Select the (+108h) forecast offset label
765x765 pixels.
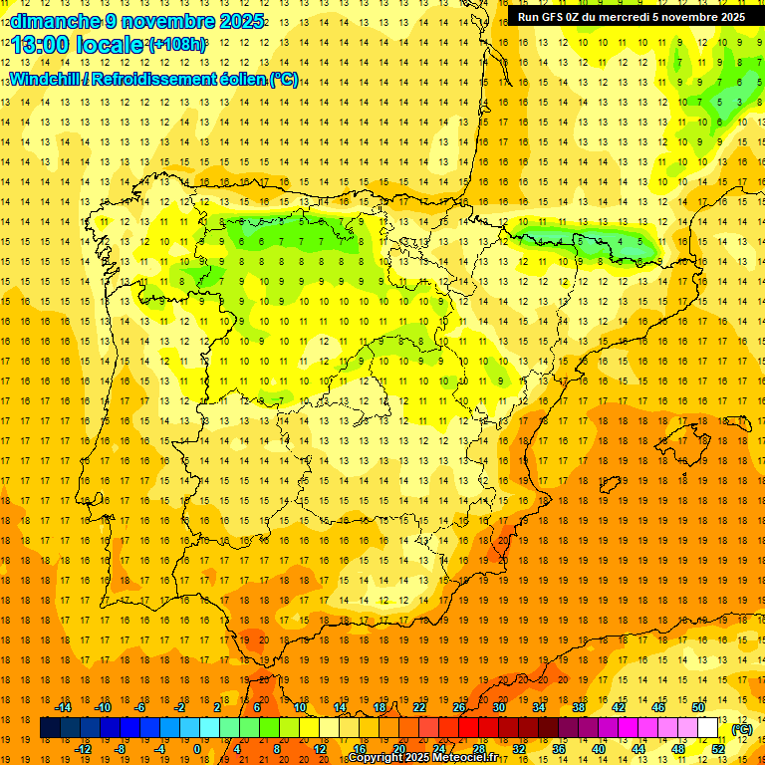point(176,45)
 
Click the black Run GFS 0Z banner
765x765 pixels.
point(631,17)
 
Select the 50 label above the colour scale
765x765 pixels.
point(698,707)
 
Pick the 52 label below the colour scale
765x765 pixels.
point(718,749)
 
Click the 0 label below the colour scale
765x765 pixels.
point(197,749)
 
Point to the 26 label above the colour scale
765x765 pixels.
point(459,707)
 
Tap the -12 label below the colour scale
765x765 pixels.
point(83,749)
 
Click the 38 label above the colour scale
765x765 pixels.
point(579,707)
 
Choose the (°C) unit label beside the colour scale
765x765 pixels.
point(741,729)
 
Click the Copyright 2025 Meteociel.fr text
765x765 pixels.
point(422,758)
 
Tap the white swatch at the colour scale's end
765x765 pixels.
point(708,728)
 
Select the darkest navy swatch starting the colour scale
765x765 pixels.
point(50,728)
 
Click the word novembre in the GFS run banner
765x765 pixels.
point(681,17)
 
